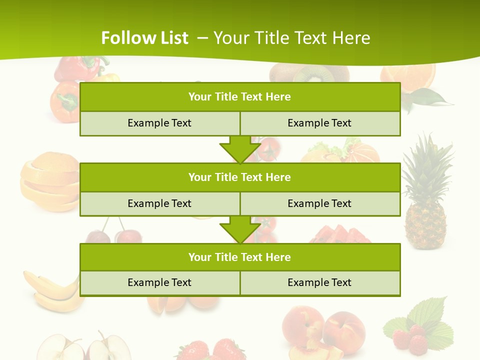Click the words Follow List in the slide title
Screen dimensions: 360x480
coord(144,38)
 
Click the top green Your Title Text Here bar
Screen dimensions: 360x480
coord(240,97)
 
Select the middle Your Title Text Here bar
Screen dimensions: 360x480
coord(240,177)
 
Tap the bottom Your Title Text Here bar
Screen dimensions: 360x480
coord(240,257)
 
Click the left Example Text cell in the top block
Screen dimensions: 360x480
coord(159,123)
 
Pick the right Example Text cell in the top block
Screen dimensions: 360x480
coord(319,123)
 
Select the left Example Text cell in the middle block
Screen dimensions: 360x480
coord(159,203)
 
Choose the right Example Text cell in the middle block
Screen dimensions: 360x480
coord(319,203)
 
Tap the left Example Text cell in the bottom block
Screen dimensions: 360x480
coord(159,282)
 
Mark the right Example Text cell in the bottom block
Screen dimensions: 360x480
coord(319,282)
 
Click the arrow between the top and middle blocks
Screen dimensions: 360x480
coord(240,149)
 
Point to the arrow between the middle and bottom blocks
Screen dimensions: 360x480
coord(240,229)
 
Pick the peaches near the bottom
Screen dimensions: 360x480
coord(325,330)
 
